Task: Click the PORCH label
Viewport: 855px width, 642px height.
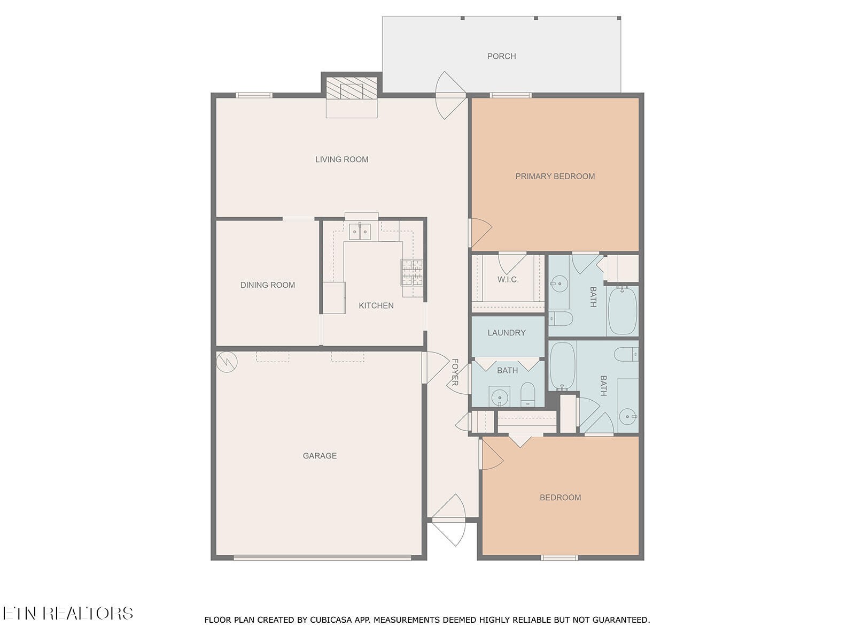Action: click(x=501, y=57)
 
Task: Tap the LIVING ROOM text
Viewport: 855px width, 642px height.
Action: click(x=341, y=159)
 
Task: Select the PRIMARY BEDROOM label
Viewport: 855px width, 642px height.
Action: click(x=555, y=176)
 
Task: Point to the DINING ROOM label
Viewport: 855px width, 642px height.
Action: click(x=268, y=285)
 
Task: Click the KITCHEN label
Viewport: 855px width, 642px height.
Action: click(x=376, y=305)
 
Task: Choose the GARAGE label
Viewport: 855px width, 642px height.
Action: click(x=320, y=455)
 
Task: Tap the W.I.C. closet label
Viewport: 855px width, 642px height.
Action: click(x=508, y=279)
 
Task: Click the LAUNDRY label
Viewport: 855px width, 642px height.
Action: click(x=507, y=332)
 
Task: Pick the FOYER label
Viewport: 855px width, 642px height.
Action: click(x=455, y=372)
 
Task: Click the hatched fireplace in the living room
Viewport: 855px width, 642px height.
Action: click(x=352, y=88)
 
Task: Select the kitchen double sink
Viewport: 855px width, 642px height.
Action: click(x=359, y=232)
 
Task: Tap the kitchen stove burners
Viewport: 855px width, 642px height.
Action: click(x=412, y=272)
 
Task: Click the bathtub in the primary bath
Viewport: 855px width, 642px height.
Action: click(x=623, y=311)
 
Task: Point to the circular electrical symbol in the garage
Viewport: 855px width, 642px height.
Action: click(x=227, y=362)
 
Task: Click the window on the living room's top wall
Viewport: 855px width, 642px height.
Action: click(x=254, y=95)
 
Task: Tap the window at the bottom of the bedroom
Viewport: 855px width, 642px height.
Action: click(x=559, y=558)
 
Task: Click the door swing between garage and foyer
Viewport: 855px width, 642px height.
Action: click(x=435, y=368)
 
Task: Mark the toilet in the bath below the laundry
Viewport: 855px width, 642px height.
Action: click(x=528, y=394)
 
